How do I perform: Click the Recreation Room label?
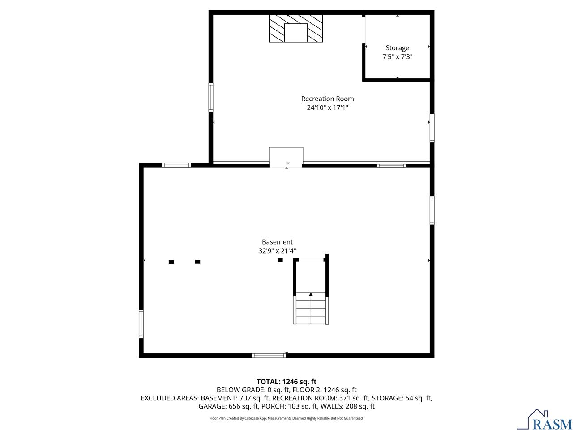pos(327,99)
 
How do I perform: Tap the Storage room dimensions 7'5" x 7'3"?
pos(397,57)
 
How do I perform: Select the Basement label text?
pos(277,242)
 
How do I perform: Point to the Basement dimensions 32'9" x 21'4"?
pos(277,251)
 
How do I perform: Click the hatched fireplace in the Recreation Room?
pos(296,28)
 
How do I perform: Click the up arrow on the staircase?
pos(311,294)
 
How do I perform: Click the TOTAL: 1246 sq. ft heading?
pos(286,382)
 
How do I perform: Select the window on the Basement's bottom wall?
pos(269,356)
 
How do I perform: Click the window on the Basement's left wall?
pos(141,323)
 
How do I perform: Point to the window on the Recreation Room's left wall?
pos(210,97)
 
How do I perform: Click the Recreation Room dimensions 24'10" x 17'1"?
pos(327,108)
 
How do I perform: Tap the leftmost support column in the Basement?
pos(171,262)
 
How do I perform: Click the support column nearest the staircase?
pos(280,260)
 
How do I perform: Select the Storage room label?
pos(397,48)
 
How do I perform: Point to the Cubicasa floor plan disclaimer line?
pos(286,418)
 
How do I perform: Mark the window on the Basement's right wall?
pos(432,210)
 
